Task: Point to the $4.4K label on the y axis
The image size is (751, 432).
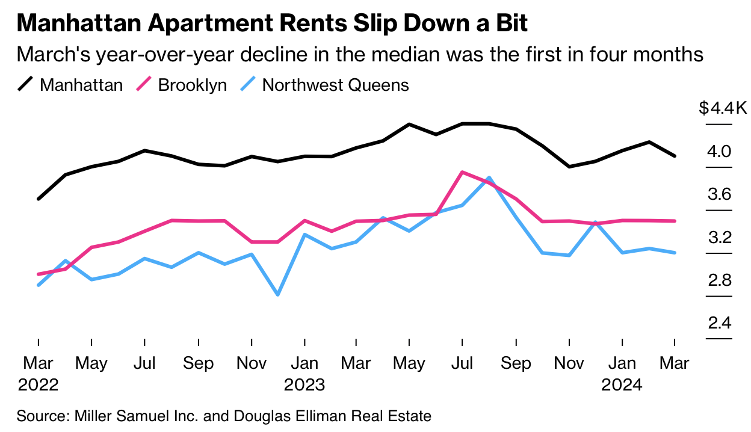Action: click(723, 108)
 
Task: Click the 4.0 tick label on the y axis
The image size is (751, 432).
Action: click(719, 152)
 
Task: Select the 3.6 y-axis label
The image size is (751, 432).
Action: click(719, 195)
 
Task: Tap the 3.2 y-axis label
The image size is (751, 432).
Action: click(719, 238)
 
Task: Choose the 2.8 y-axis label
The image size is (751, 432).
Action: click(719, 281)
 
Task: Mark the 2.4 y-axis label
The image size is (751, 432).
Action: click(719, 324)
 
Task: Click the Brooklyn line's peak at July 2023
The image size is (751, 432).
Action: click(462, 172)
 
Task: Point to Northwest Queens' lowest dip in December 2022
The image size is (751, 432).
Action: click(278, 295)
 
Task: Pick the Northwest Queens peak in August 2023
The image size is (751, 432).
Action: click(489, 178)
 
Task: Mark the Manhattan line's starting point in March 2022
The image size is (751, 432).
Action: click(39, 199)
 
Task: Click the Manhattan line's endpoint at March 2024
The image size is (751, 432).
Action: click(675, 156)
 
